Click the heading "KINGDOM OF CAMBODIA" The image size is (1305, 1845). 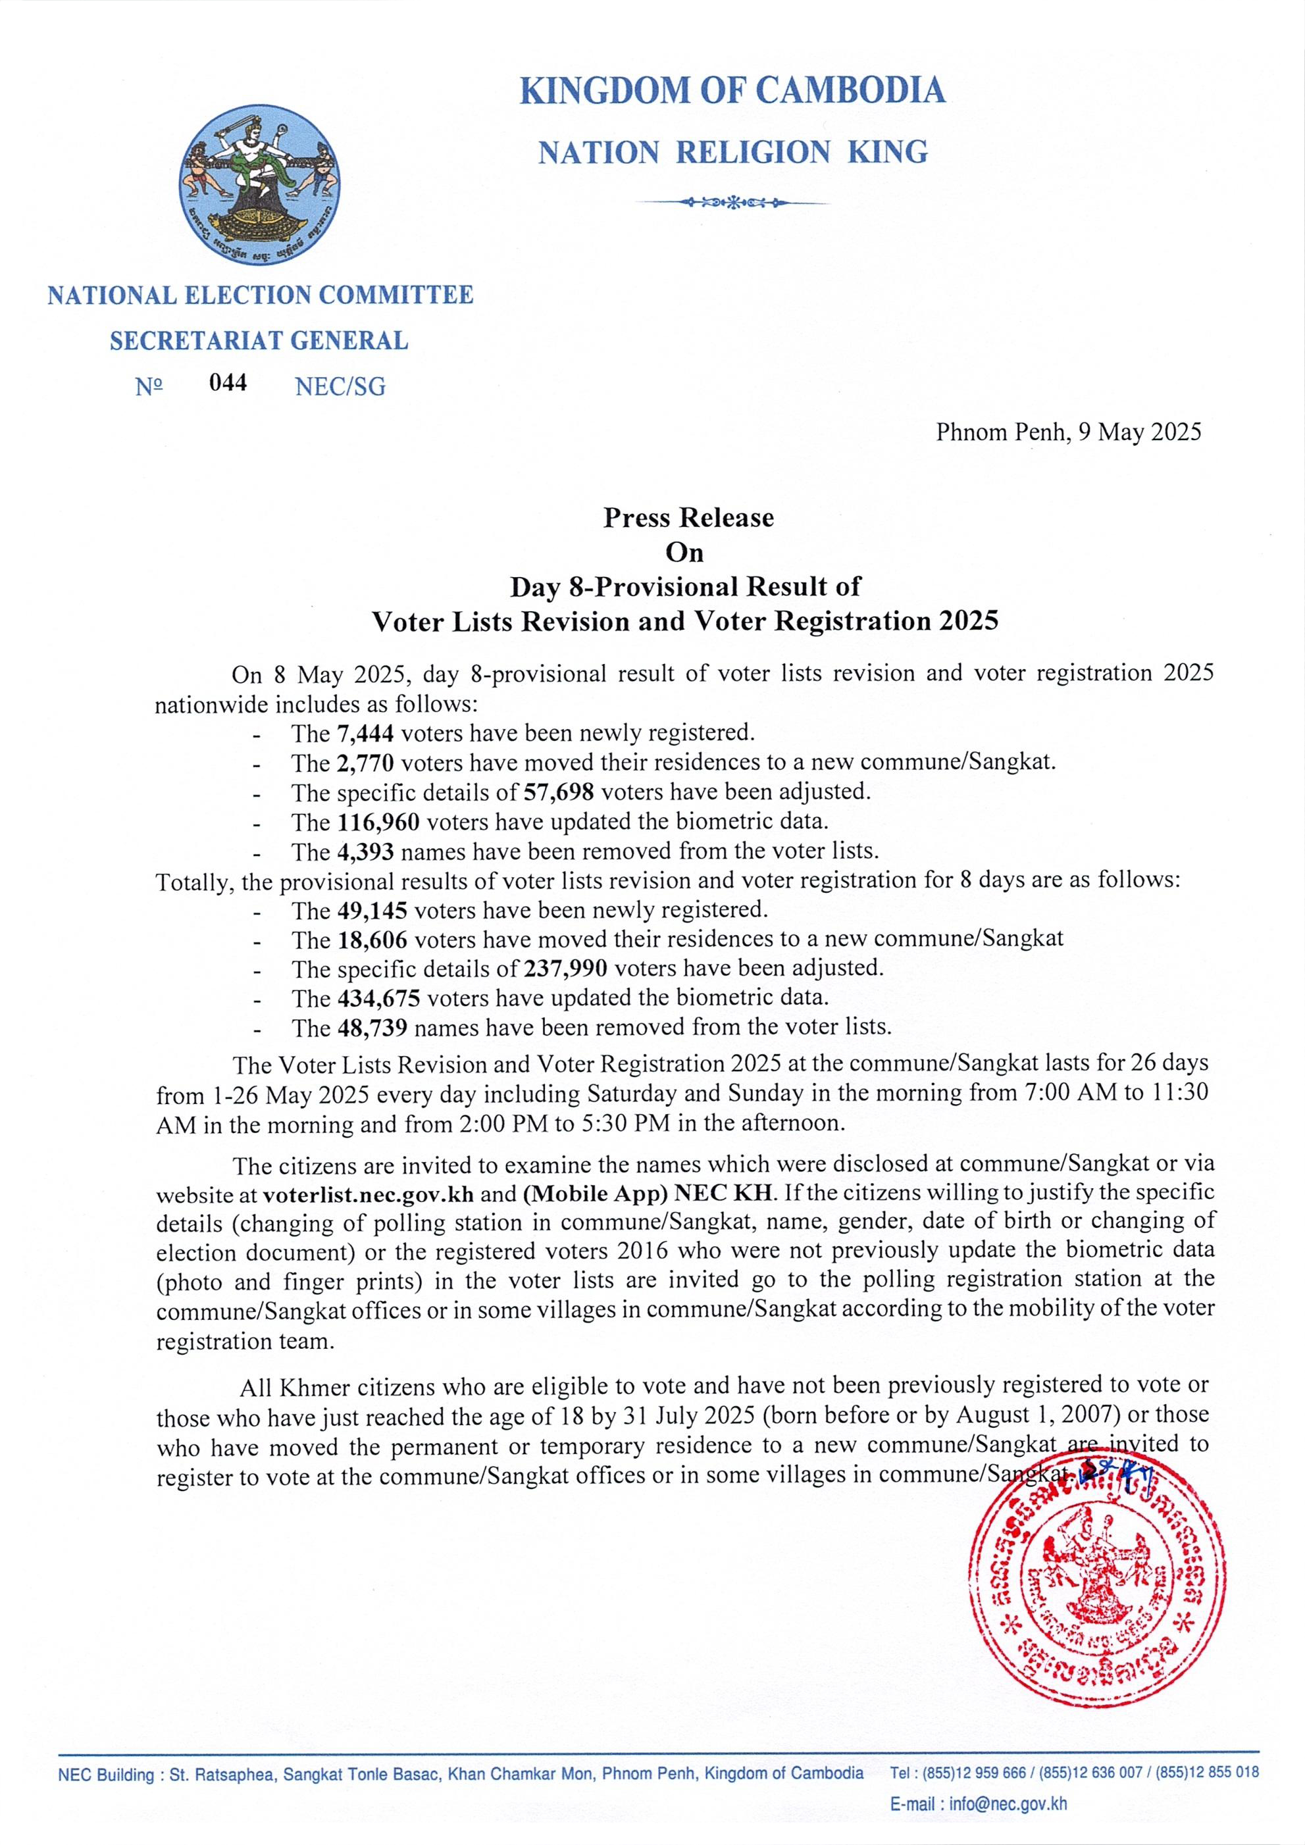[x=732, y=90]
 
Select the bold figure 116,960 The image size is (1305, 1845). [x=377, y=822]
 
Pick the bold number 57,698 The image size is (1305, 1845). [x=559, y=792]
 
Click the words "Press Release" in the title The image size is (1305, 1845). [x=688, y=517]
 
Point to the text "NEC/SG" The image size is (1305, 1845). [x=340, y=388]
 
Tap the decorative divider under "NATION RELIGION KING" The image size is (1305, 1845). [x=732, y=203]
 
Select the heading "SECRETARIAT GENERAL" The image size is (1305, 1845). [x=259, y=341]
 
